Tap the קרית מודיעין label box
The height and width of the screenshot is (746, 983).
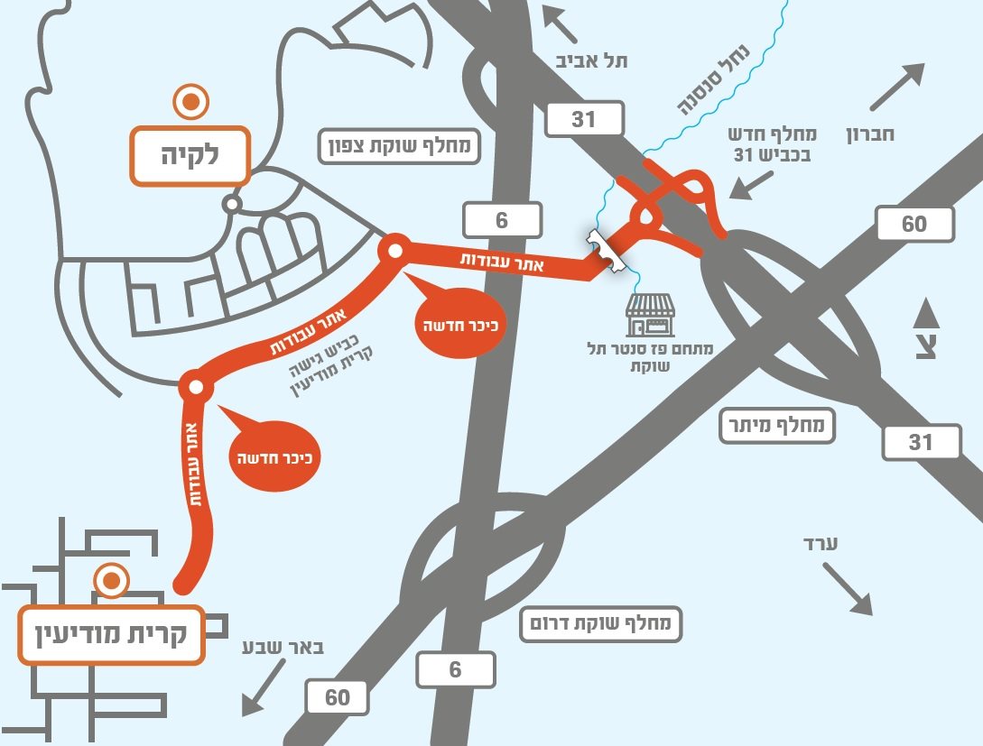click(x=110, y=634)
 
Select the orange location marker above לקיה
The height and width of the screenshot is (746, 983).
click(x=191, y=103)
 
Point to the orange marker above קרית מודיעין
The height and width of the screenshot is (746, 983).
click(x=111, y=581)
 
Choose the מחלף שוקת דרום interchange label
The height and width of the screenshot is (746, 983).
click(x=600, y=623)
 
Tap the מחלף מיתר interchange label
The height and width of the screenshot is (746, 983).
click(x=777, y=427)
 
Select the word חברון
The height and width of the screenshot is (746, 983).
click(x=869, y=136)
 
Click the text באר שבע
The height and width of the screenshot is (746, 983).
click(x=284, y=648)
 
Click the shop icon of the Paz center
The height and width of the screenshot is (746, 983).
click(x=650, y=316)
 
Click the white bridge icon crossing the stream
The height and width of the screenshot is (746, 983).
click(x=607, y=251)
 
